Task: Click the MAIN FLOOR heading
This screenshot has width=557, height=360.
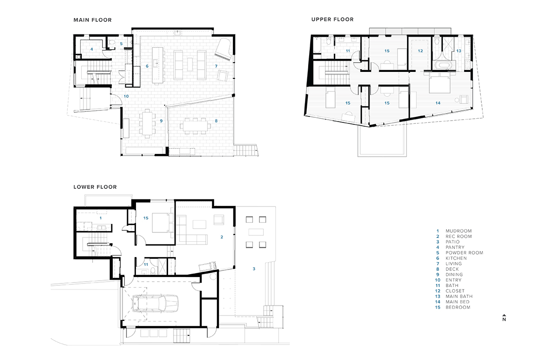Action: pos(92,20)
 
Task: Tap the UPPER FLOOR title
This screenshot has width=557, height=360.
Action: pos(332,19)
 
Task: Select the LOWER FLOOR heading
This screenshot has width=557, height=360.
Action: pos(95,187)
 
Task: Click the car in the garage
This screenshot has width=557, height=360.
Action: pos(155,303)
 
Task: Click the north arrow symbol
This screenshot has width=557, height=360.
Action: pos(504,318)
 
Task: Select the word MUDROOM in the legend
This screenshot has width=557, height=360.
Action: pos(459,231)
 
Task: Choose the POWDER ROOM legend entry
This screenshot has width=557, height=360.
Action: pos(464,253)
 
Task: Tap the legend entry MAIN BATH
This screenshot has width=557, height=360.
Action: pos(459,296)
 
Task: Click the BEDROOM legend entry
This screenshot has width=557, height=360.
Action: pos(458,307)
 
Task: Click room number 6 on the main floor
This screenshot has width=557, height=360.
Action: pos(147,66)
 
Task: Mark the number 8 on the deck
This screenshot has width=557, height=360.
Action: pos(216,121)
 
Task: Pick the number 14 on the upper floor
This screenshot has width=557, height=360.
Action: pos(438,103)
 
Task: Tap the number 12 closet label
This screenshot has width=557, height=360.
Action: pos(420,51)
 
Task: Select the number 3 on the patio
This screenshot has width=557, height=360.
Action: pos(254,269)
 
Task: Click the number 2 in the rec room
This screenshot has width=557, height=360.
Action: pos(222,237)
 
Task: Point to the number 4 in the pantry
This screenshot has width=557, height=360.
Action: pos(91,50)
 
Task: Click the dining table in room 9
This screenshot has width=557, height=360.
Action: pos(147,123)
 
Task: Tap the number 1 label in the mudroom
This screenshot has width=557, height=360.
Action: pos(101,218)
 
